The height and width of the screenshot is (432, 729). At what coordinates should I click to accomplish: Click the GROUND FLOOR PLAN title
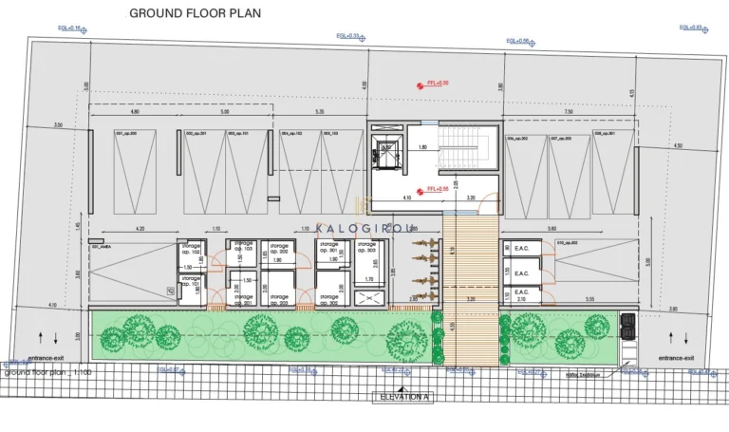195,14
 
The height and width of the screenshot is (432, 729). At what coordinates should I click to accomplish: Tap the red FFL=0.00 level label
438,85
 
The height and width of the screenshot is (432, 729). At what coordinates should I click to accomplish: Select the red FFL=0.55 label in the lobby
438,190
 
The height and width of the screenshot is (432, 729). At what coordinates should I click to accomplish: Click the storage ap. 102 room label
190,249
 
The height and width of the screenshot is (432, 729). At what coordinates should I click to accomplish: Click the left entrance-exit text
46,358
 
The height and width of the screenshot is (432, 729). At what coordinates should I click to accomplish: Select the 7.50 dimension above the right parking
568,112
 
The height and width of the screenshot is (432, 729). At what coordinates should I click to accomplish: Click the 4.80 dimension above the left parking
135,112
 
